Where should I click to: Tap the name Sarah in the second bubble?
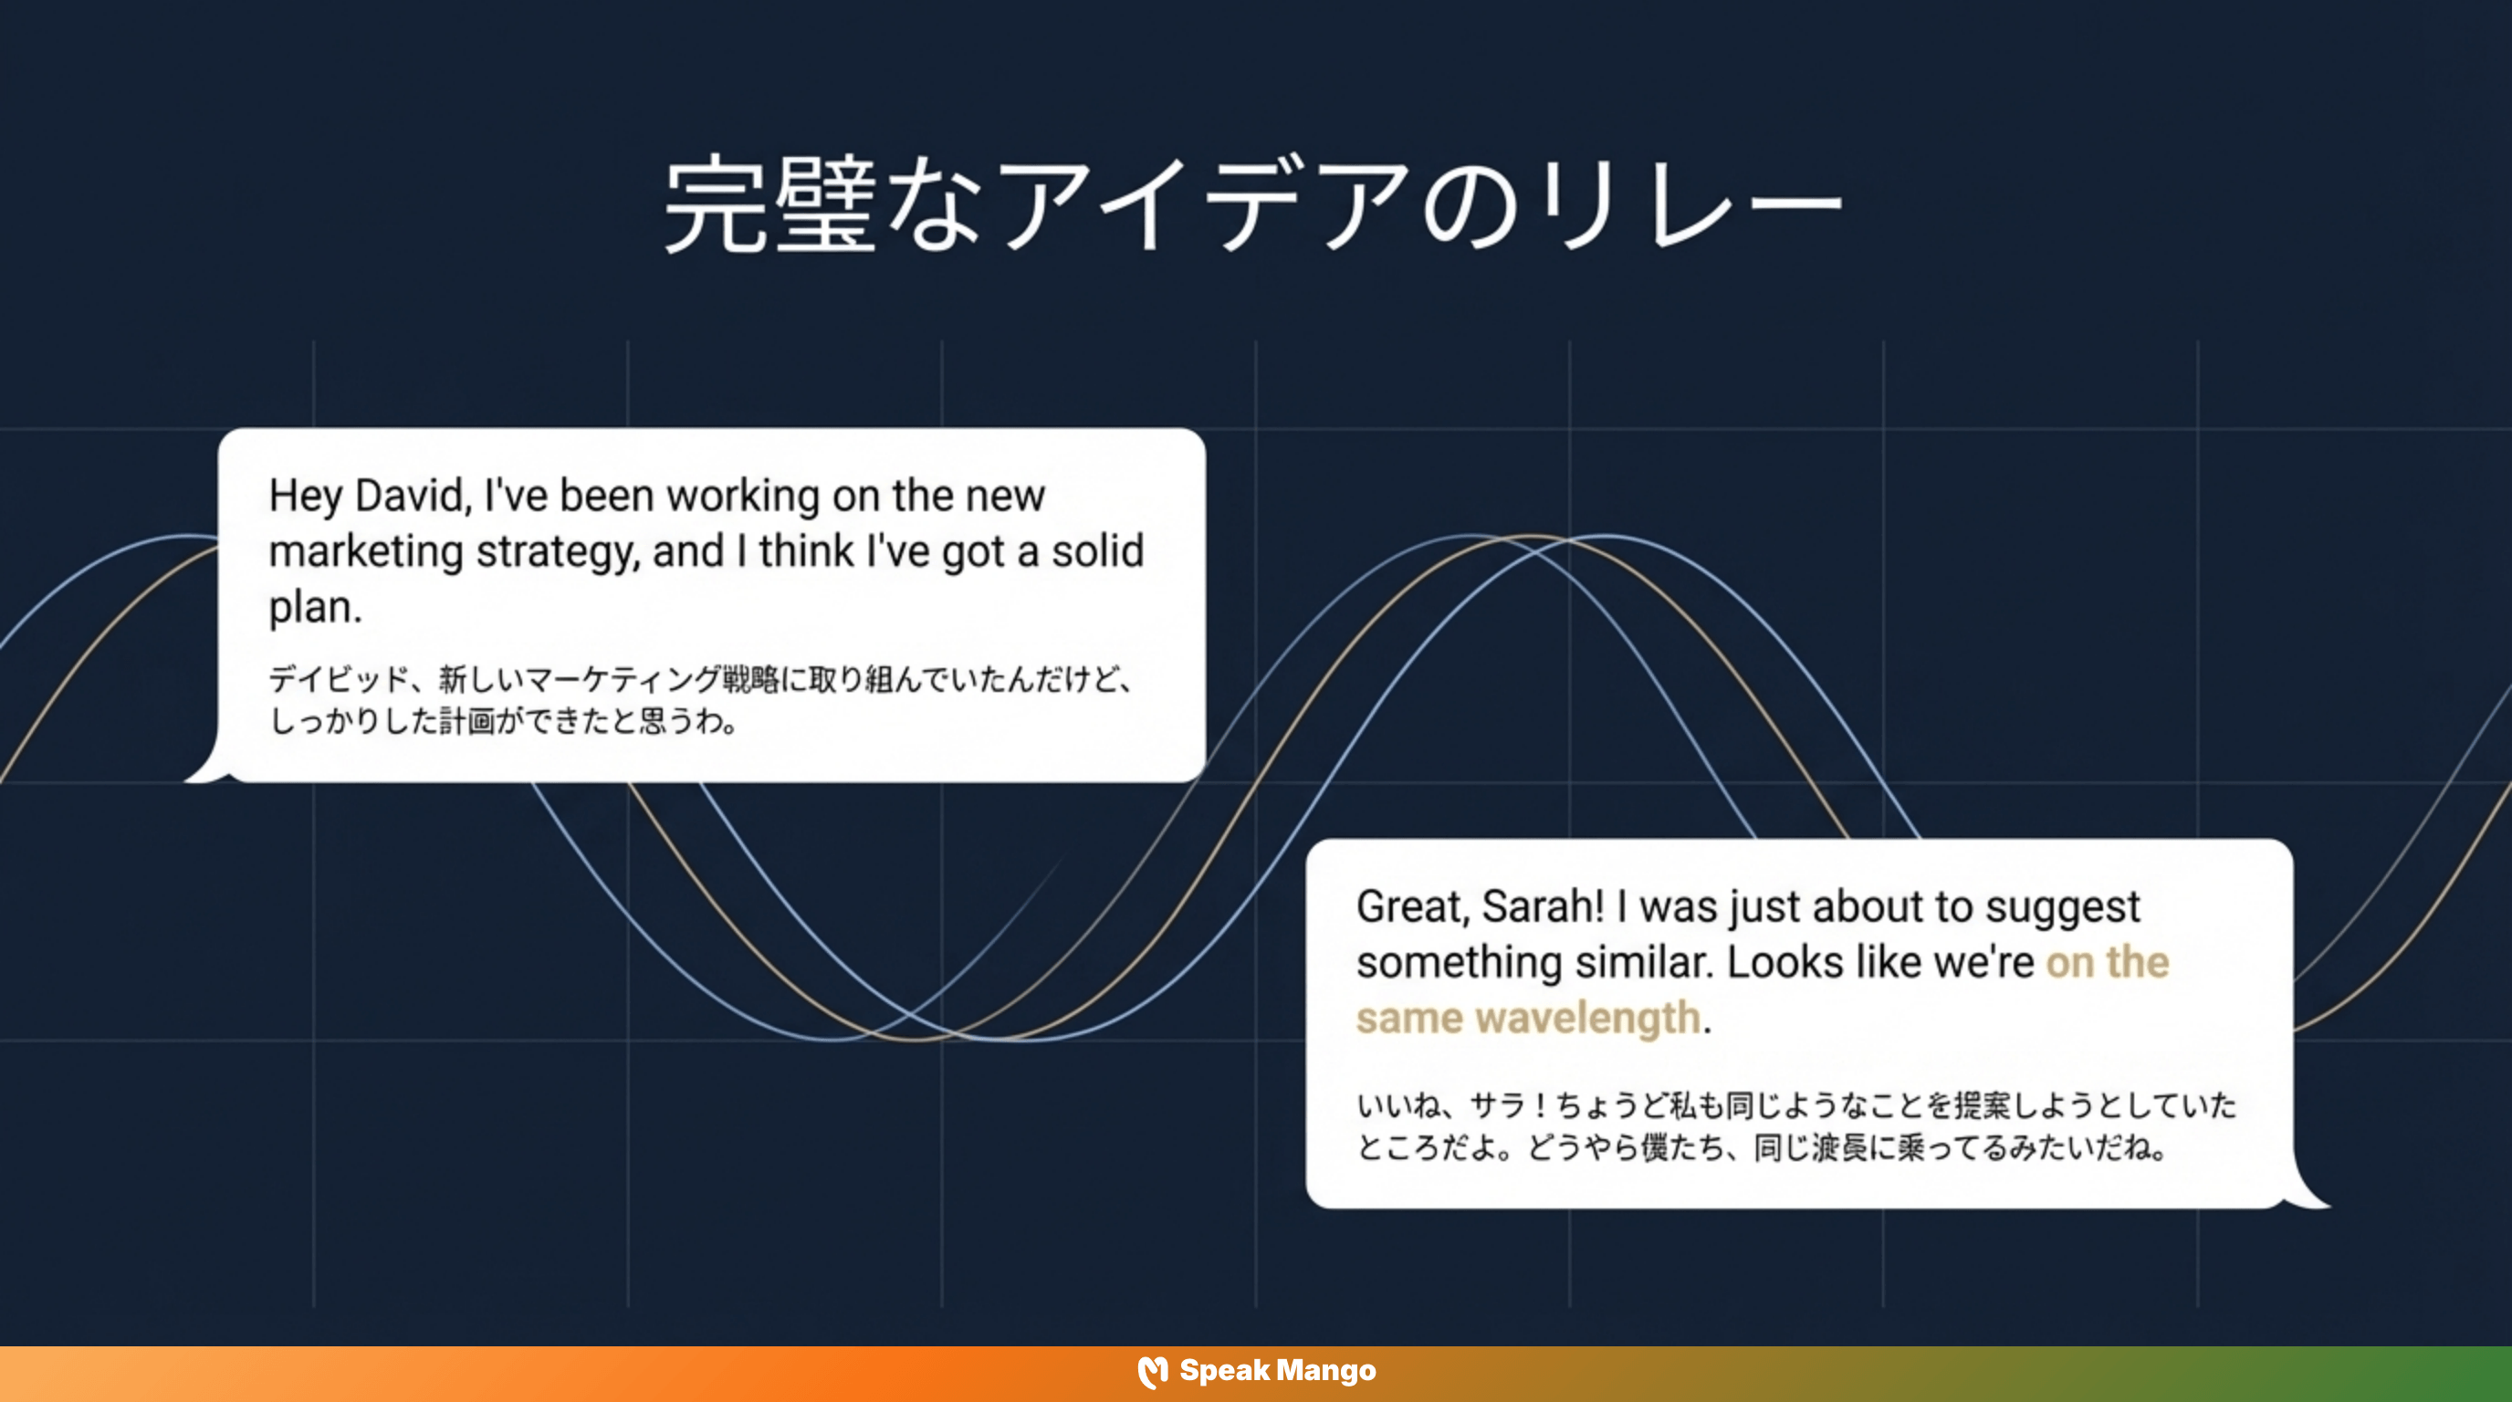click(x=1542, y=906)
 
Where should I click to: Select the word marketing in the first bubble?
click(x=366, y=552)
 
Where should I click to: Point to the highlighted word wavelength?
click(x=1587, y=1018)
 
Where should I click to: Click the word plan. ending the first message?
click(x=315, y=607)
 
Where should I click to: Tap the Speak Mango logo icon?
click(x=1153, y=1372)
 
